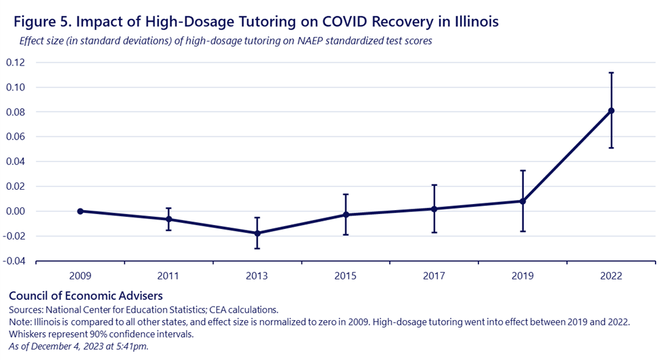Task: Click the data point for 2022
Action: [x=611, y=111]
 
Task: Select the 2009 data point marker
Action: [x=80, y=211]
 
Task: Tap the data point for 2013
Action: [x=257, y=233]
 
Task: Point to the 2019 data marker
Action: [x=522, y=201]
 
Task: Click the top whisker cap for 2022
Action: [x=611, y=73]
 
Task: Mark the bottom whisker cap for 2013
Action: [x=257, y=248]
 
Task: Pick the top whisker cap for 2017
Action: [x=434, y=185]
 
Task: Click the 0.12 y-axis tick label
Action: [x=16, y=63]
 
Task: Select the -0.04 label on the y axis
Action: [x=14, y=261]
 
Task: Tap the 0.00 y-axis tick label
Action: [x=16, y=211]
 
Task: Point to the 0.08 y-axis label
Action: [x=16, y=112]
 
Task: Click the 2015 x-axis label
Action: [x=345, y=276]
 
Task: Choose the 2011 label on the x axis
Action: [x=168, y=276]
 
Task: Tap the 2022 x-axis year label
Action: [x=611, y=276]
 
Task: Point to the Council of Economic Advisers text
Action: [x=86, y=296]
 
